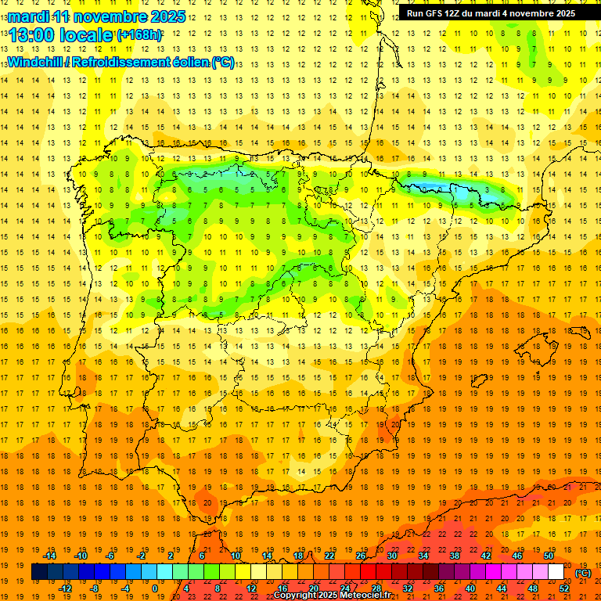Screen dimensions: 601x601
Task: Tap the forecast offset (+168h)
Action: tap(139, 35)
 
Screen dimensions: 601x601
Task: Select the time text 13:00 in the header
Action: tap(35, 34)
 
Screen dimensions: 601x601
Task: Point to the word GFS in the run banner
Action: tap(438, 13)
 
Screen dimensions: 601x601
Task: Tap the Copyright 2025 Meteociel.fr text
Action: tap(332, 596)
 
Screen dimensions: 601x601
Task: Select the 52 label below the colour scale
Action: tap(564, 588)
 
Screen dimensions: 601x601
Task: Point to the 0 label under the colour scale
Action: tap(155, 588)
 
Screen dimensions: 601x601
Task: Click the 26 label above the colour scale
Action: tap(361, 556)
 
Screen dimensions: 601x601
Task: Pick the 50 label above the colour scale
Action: tap(548, 556)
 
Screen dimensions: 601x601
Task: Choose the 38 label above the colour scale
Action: tap(454, 556)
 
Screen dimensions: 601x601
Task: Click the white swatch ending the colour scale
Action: tap(556, 572)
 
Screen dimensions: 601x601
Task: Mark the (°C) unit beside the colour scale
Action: tap(582, 573)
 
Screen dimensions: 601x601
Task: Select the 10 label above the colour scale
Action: tap(236, 556)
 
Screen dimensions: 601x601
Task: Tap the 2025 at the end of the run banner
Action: tap(563, 13)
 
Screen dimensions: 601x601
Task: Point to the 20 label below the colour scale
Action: tap(314, 588)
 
